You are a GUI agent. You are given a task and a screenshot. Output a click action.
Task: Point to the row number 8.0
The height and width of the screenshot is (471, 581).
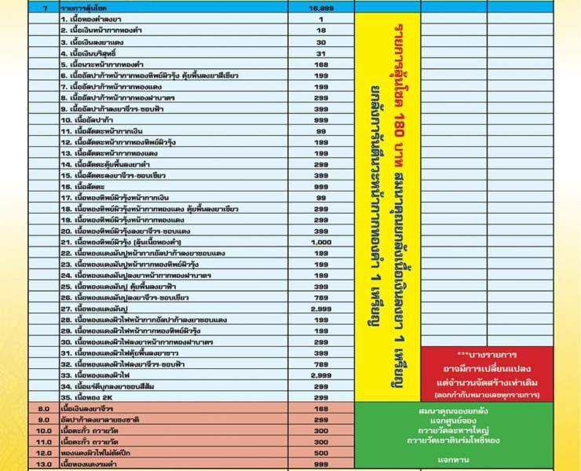tap(44, 409)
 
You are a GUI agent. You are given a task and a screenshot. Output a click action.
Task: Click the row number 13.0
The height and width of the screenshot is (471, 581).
tap(44, 465)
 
